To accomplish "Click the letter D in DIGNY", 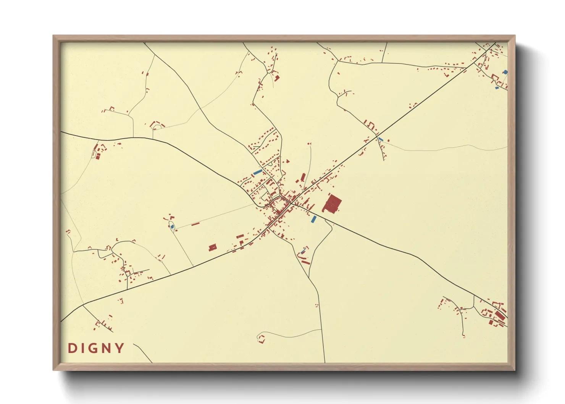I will (x=72, y=348).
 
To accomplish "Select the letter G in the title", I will (x=94, y=348).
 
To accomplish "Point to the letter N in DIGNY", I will (x=107, y=348).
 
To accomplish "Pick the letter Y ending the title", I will (x=120, y=348).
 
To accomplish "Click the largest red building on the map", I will (x=332, y=204).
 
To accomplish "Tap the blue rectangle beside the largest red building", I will (x=314, y=219).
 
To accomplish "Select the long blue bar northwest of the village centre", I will (x=258, y=172).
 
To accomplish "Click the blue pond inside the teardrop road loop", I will (x=172, y=227).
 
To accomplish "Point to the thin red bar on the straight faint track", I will (x=195, y=224).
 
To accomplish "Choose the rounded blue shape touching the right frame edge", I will (x=505, y=72).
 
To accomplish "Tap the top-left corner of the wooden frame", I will (x=54, y=36).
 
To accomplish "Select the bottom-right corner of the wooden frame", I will (x=514, y=370).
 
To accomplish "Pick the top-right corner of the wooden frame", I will (x=514, y=36).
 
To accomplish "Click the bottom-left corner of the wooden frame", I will (x=54, y=370).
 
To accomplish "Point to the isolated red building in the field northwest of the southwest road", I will (x=213, y=247).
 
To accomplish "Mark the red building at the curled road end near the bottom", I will (x=262, y=338).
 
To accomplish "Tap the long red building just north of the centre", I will (x=303, y=177).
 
